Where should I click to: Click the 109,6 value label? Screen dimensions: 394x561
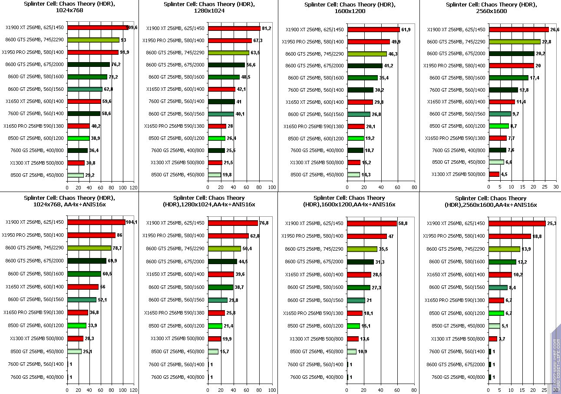click(x=132, y=28)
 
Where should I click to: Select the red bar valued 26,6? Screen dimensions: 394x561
click(x=518, y=30)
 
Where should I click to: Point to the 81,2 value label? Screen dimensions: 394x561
click(x=267, y=28)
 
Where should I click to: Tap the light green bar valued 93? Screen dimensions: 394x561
click(x=93, y=40)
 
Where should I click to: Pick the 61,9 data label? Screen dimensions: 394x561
click(x=406, y=30)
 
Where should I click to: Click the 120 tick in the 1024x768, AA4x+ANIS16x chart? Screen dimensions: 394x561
click(x=134, y=391)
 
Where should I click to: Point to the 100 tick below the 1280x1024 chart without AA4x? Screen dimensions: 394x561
click(x=272, y=187)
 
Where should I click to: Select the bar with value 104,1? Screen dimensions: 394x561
click(x=96, y=222)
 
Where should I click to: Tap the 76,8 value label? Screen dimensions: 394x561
click(x=264, y=223)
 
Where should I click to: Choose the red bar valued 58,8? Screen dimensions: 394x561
click(x=372, y=223)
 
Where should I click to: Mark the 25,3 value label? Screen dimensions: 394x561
click(x=552, y=223)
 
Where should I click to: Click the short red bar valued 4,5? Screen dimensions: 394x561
click(x=494, y=174)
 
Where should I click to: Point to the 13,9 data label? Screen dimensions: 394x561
click(x=526, y=249)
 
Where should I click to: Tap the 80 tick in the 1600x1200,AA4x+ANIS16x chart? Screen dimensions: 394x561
click(x=414, y=391)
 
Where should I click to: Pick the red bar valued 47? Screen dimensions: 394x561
click(x=367, y=236)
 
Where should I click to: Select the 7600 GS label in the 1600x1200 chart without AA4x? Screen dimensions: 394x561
click(x=317, y=150)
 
